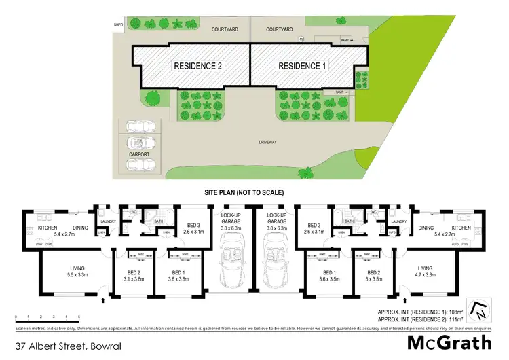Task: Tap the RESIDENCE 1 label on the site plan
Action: [301, 66]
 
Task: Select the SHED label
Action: [119, 26]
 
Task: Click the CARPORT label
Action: [139, 154]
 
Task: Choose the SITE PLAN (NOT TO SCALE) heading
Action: [244, 193]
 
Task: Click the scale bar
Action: [48, 317]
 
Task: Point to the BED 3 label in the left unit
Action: [193, 228]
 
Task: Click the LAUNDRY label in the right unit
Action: [398, 222]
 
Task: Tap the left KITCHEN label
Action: [37, 228]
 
